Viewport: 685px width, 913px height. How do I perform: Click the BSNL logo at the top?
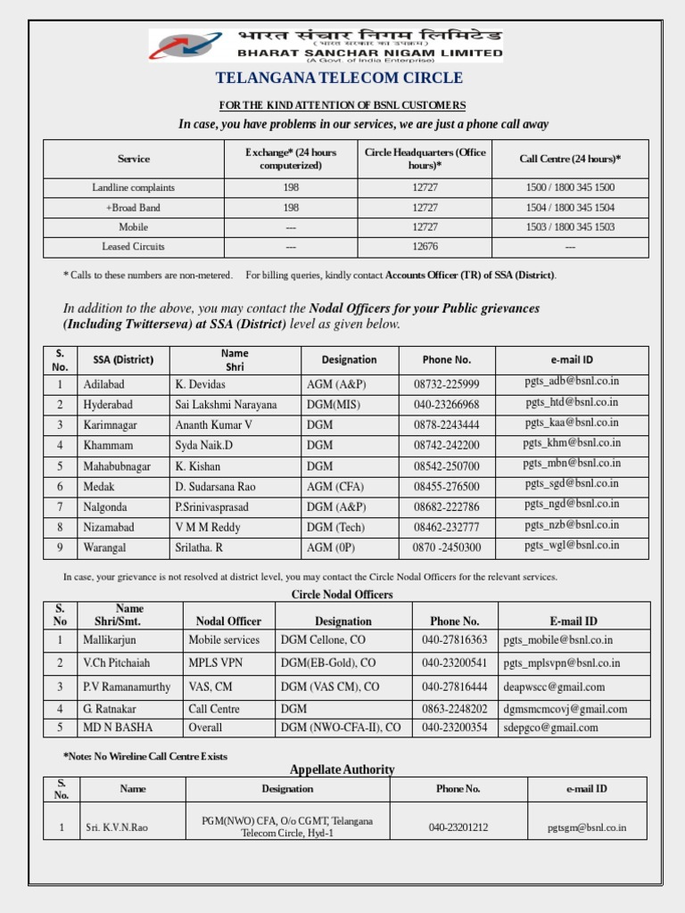coord(188,45)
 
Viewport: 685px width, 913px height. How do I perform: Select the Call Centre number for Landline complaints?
coord(570,187)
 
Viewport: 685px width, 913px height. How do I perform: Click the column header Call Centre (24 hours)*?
coord(570,159)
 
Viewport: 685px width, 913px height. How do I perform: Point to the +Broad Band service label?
coord(133,207)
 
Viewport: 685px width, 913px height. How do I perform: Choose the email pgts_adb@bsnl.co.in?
coord(572,382)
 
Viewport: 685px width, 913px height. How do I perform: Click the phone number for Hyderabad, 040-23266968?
coord(447,405)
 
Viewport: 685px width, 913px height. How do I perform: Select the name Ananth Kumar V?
coord(214,425)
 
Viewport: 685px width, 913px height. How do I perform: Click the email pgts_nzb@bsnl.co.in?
coord(572,525)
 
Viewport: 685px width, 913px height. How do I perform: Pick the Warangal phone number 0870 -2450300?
coord(447,547)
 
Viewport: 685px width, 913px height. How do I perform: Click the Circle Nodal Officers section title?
coord(342,595)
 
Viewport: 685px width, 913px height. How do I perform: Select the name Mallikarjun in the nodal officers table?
coord(110,640)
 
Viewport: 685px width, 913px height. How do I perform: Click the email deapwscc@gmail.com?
coord(554,687)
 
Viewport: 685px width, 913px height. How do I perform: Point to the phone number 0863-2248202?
coord(455,709)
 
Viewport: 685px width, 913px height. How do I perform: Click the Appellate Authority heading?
coord(342,769)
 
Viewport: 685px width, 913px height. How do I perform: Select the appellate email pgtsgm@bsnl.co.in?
coord(587,827)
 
